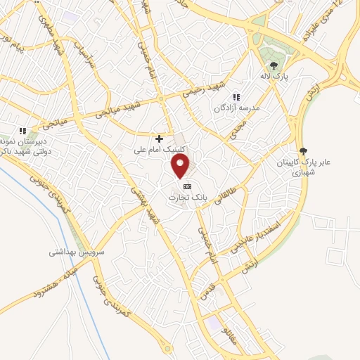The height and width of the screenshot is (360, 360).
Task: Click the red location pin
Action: [x=181, y=165]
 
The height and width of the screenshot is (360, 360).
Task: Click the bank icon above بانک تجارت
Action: [x=186, y=186]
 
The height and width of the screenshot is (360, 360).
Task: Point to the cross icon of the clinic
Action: [x=160, y=139]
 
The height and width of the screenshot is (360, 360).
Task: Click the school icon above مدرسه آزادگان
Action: [x=236, y=97]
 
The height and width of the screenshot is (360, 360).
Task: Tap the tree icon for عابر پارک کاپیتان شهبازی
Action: [x=303, y=150]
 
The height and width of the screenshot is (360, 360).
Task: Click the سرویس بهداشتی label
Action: [x=77, y=251]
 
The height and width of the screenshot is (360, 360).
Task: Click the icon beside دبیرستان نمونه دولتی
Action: [x=22, y=131]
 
